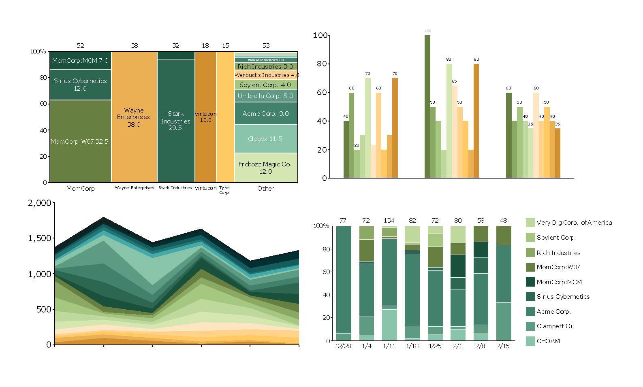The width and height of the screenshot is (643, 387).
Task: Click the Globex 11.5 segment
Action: (266, 138)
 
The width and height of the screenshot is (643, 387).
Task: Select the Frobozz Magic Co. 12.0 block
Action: (266, 168)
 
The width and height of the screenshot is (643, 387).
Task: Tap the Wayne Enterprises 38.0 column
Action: (134, 117)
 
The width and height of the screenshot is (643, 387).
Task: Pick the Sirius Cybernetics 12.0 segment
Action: (80, 84)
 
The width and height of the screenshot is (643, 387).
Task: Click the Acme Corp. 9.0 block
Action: (266, 113)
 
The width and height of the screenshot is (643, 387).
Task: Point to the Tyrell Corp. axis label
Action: (224, 190)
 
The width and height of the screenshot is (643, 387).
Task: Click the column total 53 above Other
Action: (266, 46)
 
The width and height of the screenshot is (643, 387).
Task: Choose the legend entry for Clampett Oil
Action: (555, 326)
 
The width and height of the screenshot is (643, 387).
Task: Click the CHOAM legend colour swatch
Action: (530, 341)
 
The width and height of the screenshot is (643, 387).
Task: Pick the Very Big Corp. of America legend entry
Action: (574, 223)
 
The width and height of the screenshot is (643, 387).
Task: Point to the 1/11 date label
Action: (389, 346)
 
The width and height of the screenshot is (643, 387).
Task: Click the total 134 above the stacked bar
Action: (389, 221)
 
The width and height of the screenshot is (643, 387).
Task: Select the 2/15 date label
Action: (502, 346)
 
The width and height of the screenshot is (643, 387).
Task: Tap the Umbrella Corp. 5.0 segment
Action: (266, 96)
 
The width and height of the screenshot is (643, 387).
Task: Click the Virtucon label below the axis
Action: (205, 188)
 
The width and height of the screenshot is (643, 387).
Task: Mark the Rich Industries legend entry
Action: (558, 253)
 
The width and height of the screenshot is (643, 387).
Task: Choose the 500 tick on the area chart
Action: (43, 309)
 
